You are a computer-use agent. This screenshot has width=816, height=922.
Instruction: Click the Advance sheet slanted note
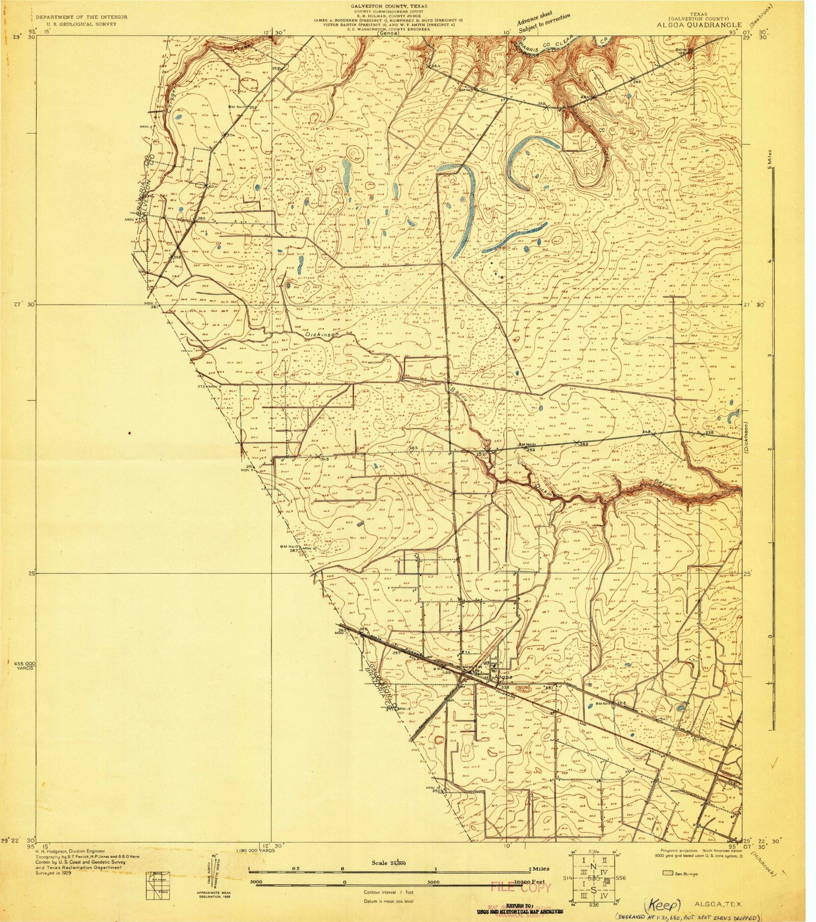[542, 23]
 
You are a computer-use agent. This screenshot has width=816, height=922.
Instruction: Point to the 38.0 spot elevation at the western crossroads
[200, 219]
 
